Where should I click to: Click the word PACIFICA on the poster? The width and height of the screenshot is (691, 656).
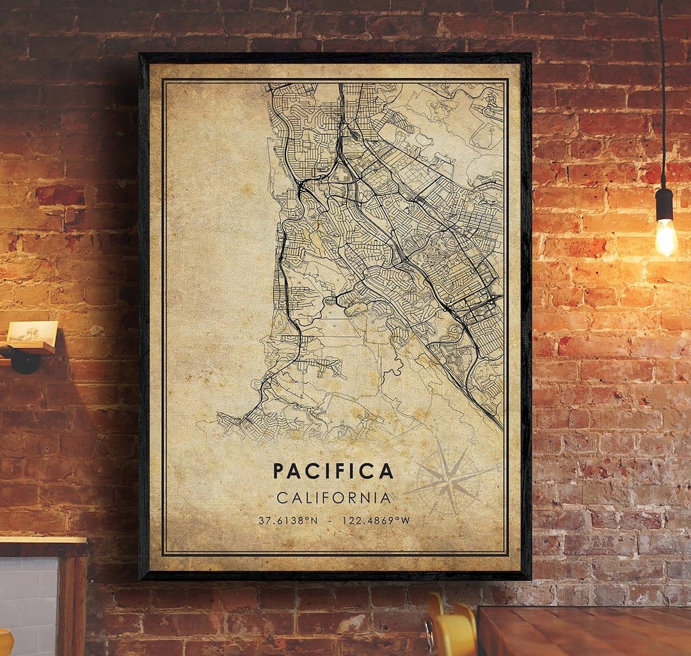pos(333,472)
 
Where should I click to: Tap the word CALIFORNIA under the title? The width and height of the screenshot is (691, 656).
pos(333,498)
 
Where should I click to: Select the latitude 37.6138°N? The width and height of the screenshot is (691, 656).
pos(287,521)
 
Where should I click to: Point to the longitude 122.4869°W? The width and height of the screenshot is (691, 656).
pos(376,521)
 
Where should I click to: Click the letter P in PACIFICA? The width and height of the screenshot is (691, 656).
pos(279,472)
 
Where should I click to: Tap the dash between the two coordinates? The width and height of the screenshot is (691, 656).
pos(330,521)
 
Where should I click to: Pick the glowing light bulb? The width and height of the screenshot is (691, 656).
pos(665,237)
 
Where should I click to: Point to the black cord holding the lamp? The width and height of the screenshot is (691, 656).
pos(661,96)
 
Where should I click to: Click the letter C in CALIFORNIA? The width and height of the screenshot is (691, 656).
pos(282,498)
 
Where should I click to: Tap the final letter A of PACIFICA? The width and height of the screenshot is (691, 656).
pos(386,472)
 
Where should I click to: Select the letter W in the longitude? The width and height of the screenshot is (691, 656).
pos(405,521)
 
